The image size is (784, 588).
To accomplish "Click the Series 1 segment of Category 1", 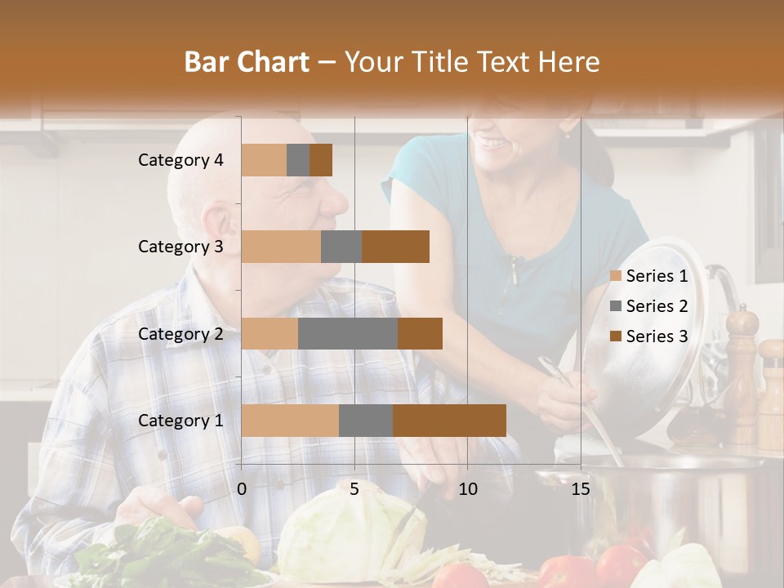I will [290, 421].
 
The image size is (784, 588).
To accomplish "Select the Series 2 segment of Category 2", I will [348, 333].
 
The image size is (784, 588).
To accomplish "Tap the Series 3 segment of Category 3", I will [395, 247].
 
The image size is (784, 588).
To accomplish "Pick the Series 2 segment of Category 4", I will [298, 160].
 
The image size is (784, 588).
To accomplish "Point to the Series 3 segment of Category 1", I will [449, 421].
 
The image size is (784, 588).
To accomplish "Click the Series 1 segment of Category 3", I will [281, 247].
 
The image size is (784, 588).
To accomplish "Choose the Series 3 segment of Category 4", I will [321, 160].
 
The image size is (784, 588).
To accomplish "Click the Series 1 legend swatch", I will [616, 276].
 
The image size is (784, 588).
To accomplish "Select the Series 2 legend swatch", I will [616, 306].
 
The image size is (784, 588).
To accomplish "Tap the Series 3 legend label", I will [657, 336].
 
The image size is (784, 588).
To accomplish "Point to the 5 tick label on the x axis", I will [354, 489].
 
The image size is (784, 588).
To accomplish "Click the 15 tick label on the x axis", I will [580, 489].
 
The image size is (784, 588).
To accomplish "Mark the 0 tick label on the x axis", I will [242, 489].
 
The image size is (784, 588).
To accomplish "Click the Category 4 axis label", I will [180, 160].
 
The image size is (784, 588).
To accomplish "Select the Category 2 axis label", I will [180, 333].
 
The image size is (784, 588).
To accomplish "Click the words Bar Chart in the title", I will [247, 61].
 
